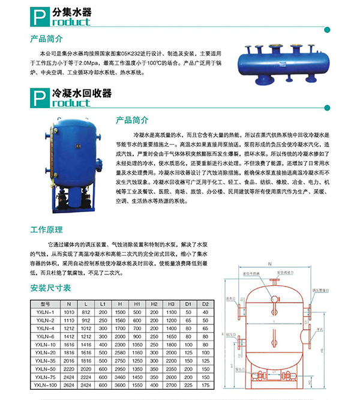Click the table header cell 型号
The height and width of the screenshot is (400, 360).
pyautogui.click(x=44, y=304)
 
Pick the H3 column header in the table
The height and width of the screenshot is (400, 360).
pyautogui.click(x=171, y=304)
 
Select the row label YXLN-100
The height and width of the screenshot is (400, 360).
pyautogui.click(x=44, y=385)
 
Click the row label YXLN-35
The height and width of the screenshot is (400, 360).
pyautogui.click(x=44, y=361)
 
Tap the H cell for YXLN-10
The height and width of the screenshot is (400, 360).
pyautogui.click(x=120, y=345)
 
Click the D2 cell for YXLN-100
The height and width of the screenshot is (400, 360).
pyautogui.click(x=205, y=385)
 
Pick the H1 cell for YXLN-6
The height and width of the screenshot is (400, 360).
pyautogui.click(x=137, y=336)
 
